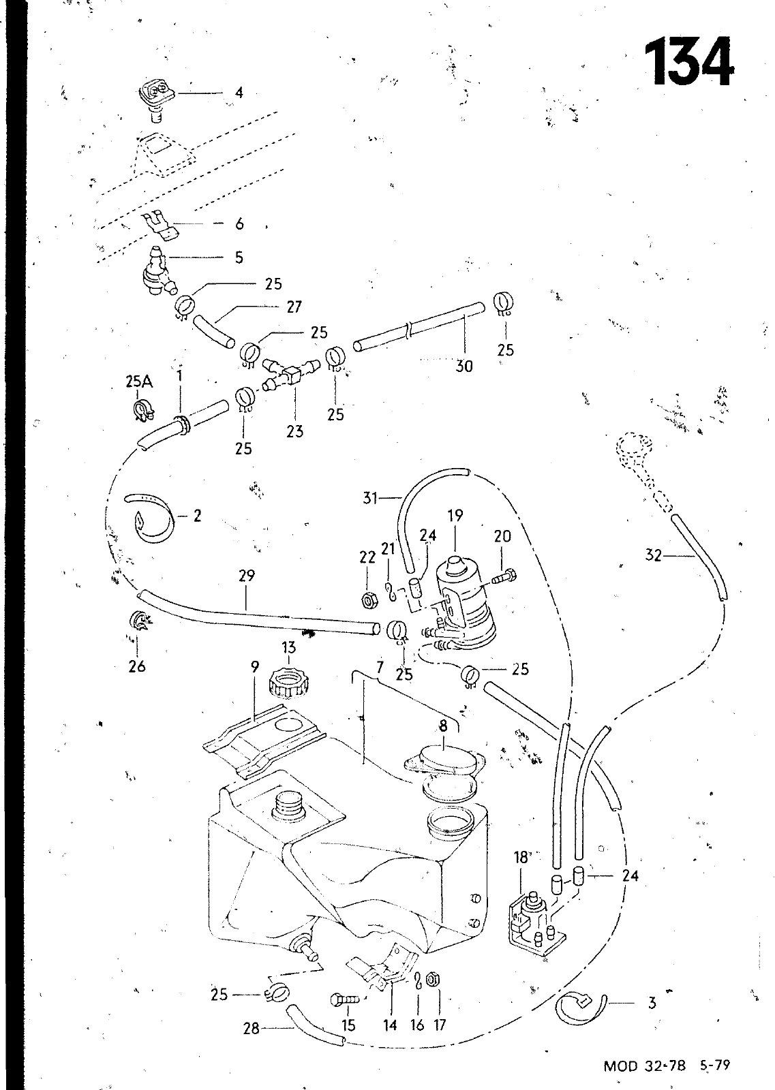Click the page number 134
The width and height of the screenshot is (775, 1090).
click(x=688, y=63)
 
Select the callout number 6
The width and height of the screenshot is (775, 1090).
click(x=239, y=224)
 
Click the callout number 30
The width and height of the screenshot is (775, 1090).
click(x=464, y=366)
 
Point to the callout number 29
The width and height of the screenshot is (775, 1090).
click(x=247, y=576)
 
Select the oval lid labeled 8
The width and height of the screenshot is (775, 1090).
click(x=443, y=758)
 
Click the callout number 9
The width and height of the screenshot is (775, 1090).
click(x=254, y=667)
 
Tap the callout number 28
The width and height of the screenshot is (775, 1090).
click(x=252, y=1028)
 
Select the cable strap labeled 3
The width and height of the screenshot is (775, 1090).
click(x=579, y=1006)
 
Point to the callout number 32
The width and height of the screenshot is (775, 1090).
click(x=653, y=555)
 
